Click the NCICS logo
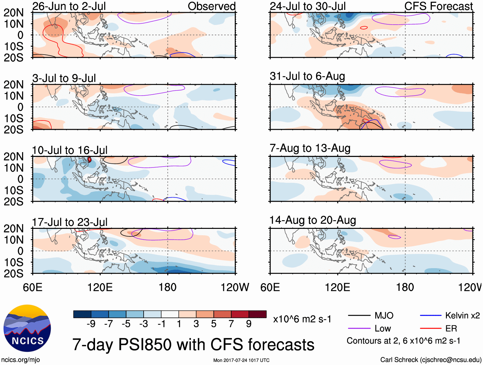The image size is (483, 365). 27,328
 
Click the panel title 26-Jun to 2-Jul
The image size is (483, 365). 69,6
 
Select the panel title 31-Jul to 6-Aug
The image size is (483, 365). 307,76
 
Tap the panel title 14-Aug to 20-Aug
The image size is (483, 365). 313,220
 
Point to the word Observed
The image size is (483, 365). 211,6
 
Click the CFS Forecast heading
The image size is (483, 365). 438,6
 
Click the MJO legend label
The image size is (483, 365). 384,316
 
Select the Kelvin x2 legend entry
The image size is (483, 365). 462,316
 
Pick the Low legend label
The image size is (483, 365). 383,329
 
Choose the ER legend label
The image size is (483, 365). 451,329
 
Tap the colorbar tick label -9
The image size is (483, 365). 91,324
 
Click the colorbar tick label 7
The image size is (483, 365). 231,324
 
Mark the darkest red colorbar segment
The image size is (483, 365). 257,314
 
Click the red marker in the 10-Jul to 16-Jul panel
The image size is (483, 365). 90,159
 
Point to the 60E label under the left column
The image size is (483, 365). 33,287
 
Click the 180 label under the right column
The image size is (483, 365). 405,287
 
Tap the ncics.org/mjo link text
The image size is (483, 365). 20,360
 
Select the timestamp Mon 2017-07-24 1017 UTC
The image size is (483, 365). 241,360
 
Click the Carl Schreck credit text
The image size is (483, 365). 431,360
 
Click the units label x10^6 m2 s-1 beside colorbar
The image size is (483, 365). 302,319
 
